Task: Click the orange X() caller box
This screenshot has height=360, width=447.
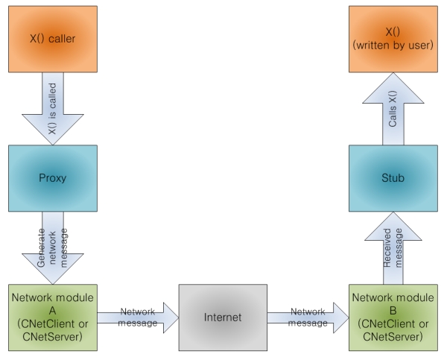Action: pos(53,35)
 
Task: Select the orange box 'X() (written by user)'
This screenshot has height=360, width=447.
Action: pos(393,35)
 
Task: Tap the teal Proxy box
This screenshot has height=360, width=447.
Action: pos(53,178)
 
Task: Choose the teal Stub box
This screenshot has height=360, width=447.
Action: pos(393,178)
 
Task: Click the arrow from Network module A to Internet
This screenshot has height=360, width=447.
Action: pos(138,318)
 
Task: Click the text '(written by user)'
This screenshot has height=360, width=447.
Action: pos(393,42)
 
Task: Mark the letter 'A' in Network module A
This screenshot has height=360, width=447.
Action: pos(53,311)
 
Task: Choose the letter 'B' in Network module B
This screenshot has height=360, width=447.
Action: pos(393,311)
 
